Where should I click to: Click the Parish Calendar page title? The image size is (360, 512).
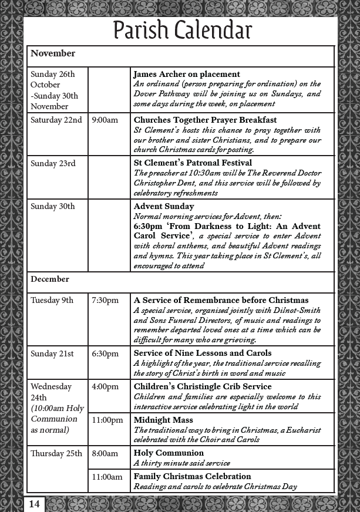coord(182,31)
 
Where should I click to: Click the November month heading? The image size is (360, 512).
coord(53,53)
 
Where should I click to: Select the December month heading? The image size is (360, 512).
coord(50,279)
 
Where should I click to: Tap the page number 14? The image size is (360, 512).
coord(34,504)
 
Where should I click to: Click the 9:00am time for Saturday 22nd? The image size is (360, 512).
coord(105,120)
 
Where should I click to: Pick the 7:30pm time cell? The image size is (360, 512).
coord(105,300)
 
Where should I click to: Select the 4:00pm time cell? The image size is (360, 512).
coord(105,386)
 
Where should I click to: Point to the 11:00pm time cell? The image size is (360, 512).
coord(107,420)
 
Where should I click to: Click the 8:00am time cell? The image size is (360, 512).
coord(105,453)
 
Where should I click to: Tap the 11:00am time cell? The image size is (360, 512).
coord(107,477)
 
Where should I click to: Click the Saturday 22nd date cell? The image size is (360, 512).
coord(56,120)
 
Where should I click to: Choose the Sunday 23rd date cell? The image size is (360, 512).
coord(53,163)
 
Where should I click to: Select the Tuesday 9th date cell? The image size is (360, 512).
coord(52,300)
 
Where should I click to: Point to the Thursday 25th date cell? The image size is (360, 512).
coord(56,453)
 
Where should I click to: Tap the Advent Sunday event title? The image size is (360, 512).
coord(164,207)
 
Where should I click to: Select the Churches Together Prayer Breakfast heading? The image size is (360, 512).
coord(205,120)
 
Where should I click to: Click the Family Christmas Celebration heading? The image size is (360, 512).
coord(192,476)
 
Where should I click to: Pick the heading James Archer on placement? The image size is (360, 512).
coord(187,75)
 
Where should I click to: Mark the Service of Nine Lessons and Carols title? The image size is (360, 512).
coord(203,353)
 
